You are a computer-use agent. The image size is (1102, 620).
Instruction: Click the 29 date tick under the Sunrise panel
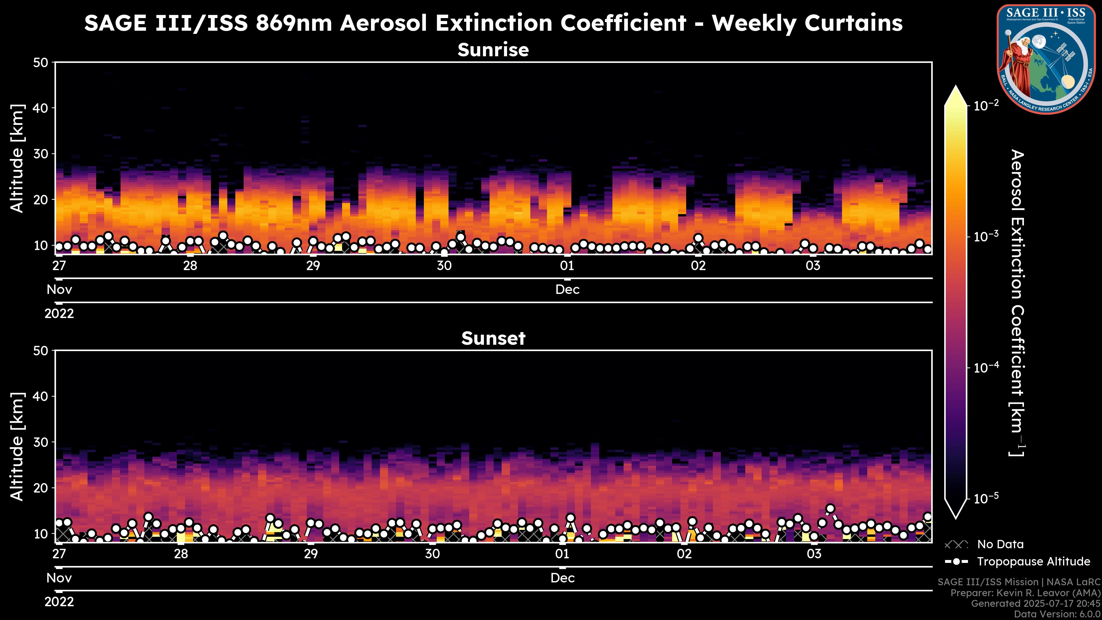click(x=313, y=266)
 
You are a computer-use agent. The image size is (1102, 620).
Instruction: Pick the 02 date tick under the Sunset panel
click(x=684, y=554)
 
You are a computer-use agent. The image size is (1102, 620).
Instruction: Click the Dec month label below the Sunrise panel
click(x=567, y=290)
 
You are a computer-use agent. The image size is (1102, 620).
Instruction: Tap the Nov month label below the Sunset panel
click(x=59, y=578)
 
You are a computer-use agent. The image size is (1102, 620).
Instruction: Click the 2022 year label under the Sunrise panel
click(x=59, y=314)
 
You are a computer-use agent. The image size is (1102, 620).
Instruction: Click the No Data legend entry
click(x=1000, y=544)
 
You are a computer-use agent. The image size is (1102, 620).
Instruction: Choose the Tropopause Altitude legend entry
click(x=1033, y=561)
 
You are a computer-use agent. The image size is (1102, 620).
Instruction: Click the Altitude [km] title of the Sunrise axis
click(x=17, y=158)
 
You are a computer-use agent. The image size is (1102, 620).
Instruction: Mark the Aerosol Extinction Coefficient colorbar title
click(x=1017, y=303)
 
